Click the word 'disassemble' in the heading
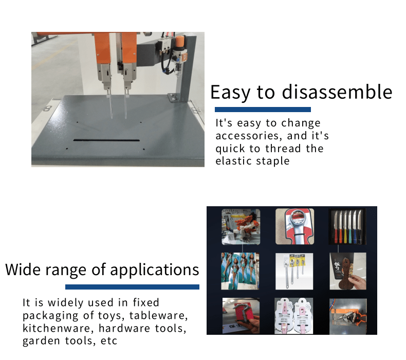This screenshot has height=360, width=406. coord(337,92)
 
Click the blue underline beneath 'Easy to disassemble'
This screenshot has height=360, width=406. coord(263,110)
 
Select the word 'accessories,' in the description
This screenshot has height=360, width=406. coord(248,136)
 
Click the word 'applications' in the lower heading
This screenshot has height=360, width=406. coord(155,270)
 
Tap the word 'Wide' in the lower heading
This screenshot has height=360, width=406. coord(23,269)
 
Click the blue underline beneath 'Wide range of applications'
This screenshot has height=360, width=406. coord(132,286)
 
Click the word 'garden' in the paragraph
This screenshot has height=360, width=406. coord(41,341)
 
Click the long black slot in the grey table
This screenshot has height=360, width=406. coord(106,140)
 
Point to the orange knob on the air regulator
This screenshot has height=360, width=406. coord(180,41)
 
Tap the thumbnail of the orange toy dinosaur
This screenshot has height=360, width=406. coord(241,227)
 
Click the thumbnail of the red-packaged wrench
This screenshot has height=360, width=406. coord(294,226)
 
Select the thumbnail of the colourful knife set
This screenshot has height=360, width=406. coord(347,226)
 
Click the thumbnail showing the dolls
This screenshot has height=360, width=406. coord(240,271)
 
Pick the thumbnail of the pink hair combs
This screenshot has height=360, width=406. coord(293,316)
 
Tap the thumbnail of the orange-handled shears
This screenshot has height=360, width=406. coord(348,316)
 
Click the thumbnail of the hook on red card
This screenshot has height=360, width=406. coord(241,315)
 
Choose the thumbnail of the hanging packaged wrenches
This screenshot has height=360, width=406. coord(294,271)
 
